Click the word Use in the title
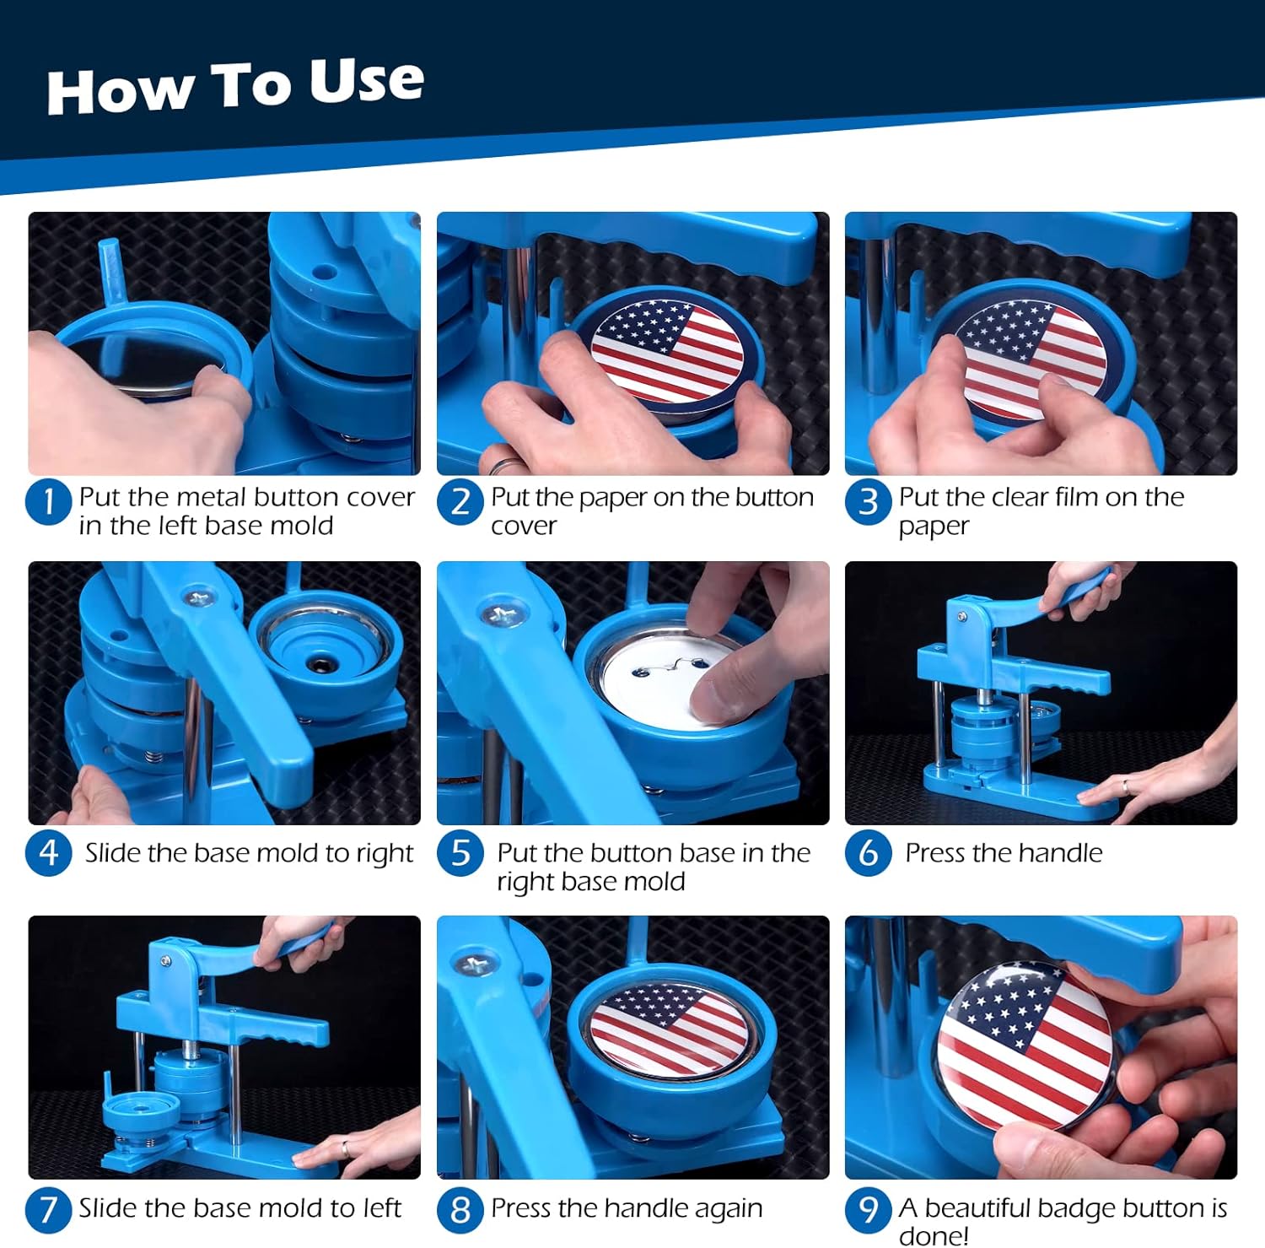pyautogui.click(x=366, y=82)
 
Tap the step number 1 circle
pyautogui.click(x=48, y=501)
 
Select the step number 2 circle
pyautogui.click(x=460, y=501)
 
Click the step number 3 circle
pyautogui.click(x=868, y=501)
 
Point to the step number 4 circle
pyautogui.click(x=48, y=852)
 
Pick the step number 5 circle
pyautogui.click(x=460, y=852)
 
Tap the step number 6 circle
pyautogui.click(x=868, y=852)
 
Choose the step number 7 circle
pyautogui.click(x=48, y=1209)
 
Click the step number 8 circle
pyautogui.click(x=460, y=1209)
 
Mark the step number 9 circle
pyautogui.click(x=868, y=1209)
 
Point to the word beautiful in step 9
pyautogui.click(x=987, y=1208)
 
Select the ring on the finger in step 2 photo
pyautogui.click(x=504, y=465)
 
